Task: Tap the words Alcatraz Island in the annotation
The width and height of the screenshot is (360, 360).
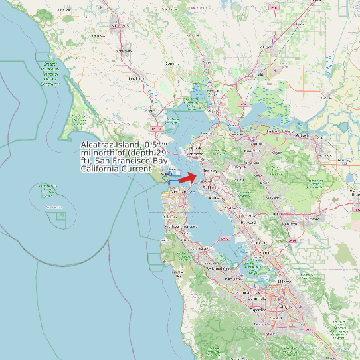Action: [x=111, y=145]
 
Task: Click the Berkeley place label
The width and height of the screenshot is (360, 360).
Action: [x=209, y=171]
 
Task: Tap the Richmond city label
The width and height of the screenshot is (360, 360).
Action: [x=195, y=153]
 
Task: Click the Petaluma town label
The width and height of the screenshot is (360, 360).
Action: [x=136, y=78]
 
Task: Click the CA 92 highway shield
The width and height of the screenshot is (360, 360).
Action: [x=224, y=238]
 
